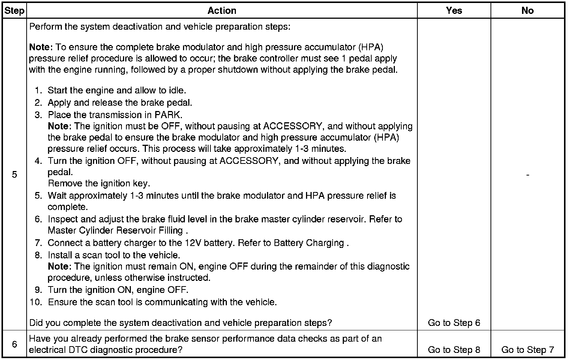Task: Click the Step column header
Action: click(14, 10)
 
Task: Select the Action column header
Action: click(222, 10)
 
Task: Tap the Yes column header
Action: click(454, 10)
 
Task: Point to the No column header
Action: click(527, 10)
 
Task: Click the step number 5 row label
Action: click(14, 174)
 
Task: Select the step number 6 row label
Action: click(14, 344)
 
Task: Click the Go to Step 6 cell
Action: click(454, 323)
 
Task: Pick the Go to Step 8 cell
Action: click(454, 350)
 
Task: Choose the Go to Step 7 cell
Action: click(527, 350)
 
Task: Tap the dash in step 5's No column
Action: click(528, 175)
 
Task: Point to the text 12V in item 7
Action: click(194, 243)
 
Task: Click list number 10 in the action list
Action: click(36, 302)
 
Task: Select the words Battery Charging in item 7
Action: click(309, 243)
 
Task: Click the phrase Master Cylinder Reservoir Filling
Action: click(115, 230)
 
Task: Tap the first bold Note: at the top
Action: click(41, 47)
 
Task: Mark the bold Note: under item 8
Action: click(60, 266)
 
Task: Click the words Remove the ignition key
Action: click(99, 183)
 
